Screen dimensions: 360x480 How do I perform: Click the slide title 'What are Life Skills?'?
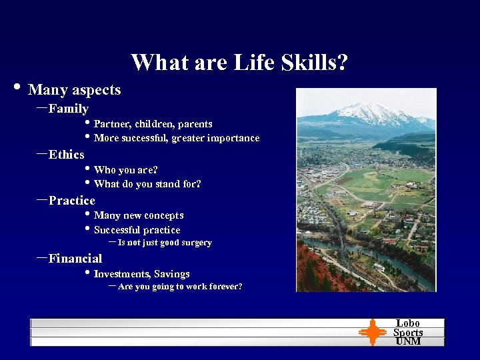(239, 63)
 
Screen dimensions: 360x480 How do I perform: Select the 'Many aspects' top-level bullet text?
(74, 90)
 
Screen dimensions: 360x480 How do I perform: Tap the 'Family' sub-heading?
(68, 109)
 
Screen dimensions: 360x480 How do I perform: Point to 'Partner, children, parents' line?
(153, 124)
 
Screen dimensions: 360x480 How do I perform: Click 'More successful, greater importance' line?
(177, 138)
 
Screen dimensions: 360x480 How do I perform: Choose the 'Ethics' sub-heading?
(66, 155)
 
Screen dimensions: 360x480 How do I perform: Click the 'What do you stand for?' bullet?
(147, 184)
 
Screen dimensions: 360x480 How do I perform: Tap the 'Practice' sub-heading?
(71, 201)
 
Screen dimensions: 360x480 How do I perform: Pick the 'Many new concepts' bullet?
(139, 215)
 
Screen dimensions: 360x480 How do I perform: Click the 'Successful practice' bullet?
(137, 230)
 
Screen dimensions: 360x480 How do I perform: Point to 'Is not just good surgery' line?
(164, 243)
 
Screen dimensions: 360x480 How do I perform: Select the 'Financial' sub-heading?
(75, 259)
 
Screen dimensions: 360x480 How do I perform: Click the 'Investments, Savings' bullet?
(141, 274)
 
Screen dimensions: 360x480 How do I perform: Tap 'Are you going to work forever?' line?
(179, 287)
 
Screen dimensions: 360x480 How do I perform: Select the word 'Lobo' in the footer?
(408, 323)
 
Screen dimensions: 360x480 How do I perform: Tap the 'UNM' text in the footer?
(408, 341)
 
